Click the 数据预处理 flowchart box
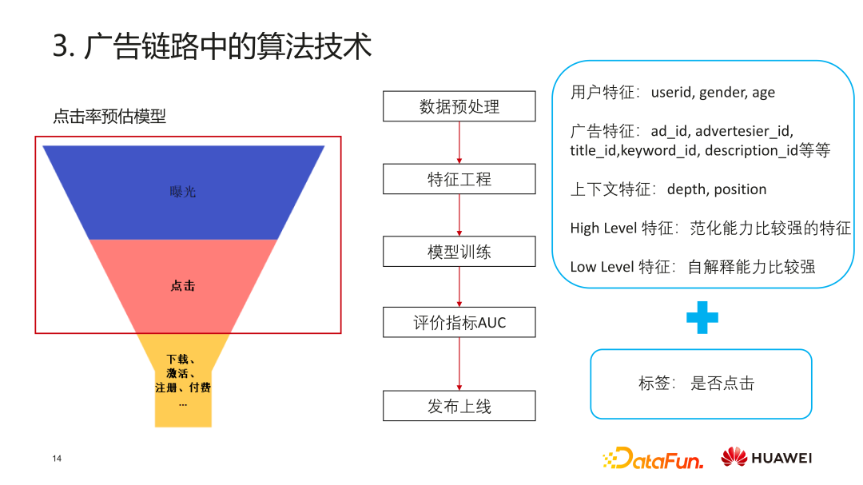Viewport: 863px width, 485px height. tap(459, 106)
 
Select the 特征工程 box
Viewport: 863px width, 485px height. tap(459, 179)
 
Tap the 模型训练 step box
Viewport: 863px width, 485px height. tap(459, 252)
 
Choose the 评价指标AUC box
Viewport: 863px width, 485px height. tap(459, 322)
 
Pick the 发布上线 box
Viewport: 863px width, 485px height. tap(459, 406)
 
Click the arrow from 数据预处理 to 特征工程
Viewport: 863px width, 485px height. tap(459, 142)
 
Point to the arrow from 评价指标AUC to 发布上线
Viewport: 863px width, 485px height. tap(459, 364)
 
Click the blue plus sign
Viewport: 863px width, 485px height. tap(702, 318)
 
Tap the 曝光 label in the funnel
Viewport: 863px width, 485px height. tap(183, 192)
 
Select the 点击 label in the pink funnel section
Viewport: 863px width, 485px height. tap(183, 286)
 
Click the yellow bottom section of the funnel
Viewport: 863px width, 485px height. tap(183, 380)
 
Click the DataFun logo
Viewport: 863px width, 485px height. tap(654, 458)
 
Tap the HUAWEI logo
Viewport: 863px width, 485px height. tap(766, 458)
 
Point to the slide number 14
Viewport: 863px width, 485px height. tap(57, 459)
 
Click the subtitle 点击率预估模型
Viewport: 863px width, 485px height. tap(109, 116)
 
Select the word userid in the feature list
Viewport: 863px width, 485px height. tap(671, 92)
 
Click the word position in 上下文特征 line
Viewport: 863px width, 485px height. tap(740, 190)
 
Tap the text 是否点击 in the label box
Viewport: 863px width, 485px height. tap(722, 384)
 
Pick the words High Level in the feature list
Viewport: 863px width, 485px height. tap(603, 228)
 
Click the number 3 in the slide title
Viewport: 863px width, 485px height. tap(60, 46)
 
